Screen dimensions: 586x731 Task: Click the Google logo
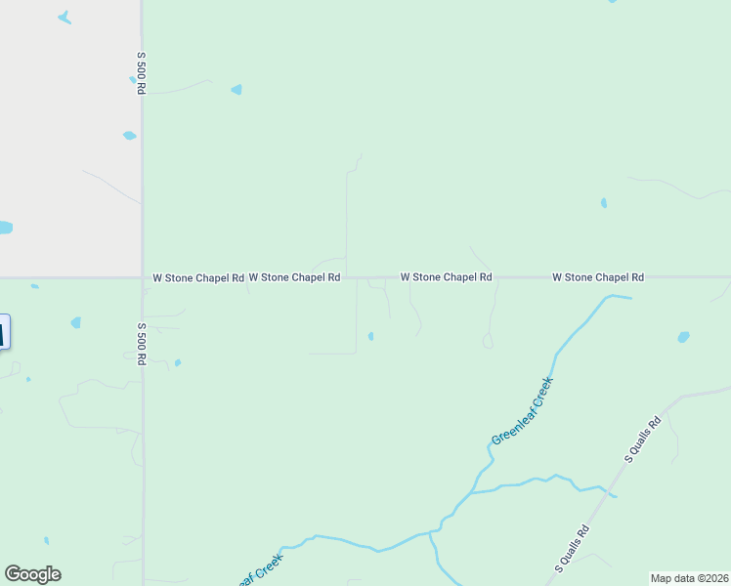pos(33,574)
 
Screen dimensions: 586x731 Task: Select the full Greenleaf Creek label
pos(522,410)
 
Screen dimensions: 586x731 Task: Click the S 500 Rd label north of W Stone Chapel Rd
pos(141,73)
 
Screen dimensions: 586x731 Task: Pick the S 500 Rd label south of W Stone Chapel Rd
pos(141,343)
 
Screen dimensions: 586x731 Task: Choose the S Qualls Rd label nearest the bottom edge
pos(572,549)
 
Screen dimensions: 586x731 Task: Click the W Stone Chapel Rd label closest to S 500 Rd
pos(198,278)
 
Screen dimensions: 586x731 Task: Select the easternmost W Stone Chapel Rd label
pos(598,277)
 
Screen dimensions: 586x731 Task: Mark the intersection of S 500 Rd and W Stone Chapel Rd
pos(143,277)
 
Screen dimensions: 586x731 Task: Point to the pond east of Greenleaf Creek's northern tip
pos(683,337)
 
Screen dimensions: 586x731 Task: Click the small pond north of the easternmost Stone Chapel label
pos(603,203)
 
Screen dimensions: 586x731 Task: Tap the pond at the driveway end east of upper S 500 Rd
pos(236,90)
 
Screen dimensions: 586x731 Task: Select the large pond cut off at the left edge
pos(5,228)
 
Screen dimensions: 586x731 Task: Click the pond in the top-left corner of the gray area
pos(64,18)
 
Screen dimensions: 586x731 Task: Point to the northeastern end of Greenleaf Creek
pos(629,297)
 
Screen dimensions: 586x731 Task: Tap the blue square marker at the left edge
pos(4,332)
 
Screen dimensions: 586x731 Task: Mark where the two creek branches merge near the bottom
pos(431,533)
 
